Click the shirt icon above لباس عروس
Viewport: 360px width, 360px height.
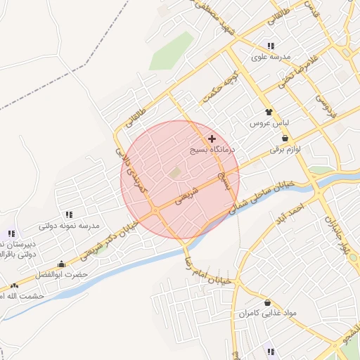pyautogui.click(x=267, y=112)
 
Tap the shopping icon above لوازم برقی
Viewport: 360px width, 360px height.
pyautogui.click(x=284, y=139)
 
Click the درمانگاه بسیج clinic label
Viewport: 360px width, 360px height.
pyautogui.click(x=214, y=150)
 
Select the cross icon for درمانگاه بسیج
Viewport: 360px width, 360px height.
pyautogui.click(x=212, y=139)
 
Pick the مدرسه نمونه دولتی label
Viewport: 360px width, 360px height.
pyautogui.click(x=69, y=226)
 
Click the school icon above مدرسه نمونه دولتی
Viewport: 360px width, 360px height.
pyautogui.click(x=68, y=214)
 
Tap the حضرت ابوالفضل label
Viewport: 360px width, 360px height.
pyautogui.click(x=65, y=274)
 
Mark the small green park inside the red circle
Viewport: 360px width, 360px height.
pyautogui.click(x=174, y=172)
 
